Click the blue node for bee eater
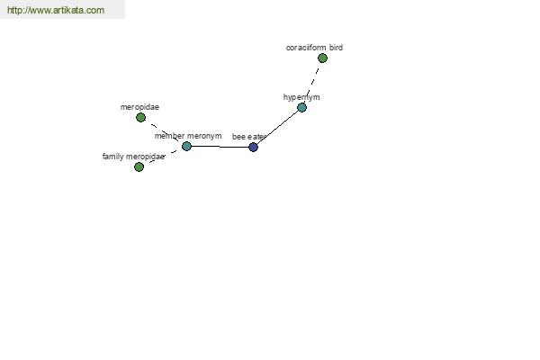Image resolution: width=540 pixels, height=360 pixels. tap(253, 147)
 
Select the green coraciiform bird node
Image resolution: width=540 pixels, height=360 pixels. tap(322, 58)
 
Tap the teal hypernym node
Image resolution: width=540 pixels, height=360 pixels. tap(301, 107)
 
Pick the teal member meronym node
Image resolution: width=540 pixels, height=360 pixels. tap(186, 146)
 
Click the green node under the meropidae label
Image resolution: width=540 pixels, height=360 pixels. tap(140, 118)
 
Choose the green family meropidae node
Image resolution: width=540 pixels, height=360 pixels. tap(139, 167)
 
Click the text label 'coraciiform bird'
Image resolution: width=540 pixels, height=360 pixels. tap(314, 48)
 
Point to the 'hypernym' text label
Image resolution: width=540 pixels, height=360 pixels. tap(301, 97)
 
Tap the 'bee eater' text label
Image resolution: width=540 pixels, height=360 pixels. tap(248, 137)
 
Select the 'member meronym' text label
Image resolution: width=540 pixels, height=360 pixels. tap(188, 136)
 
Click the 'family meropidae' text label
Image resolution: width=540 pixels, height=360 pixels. tap(133, 157)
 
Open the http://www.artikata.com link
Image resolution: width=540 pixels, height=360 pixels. tap(56, 10)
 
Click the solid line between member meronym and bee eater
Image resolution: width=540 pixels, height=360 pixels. tap(220, 147)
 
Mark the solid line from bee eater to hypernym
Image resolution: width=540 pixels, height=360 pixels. tap(277, 127)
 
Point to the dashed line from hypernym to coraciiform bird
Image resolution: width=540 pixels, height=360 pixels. tap(311, 83)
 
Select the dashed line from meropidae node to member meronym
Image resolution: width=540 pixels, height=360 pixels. tap(164, 132)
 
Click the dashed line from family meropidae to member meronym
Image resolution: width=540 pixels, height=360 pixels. tap(163, 157)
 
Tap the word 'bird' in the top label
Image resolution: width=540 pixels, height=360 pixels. tap(336, 47)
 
